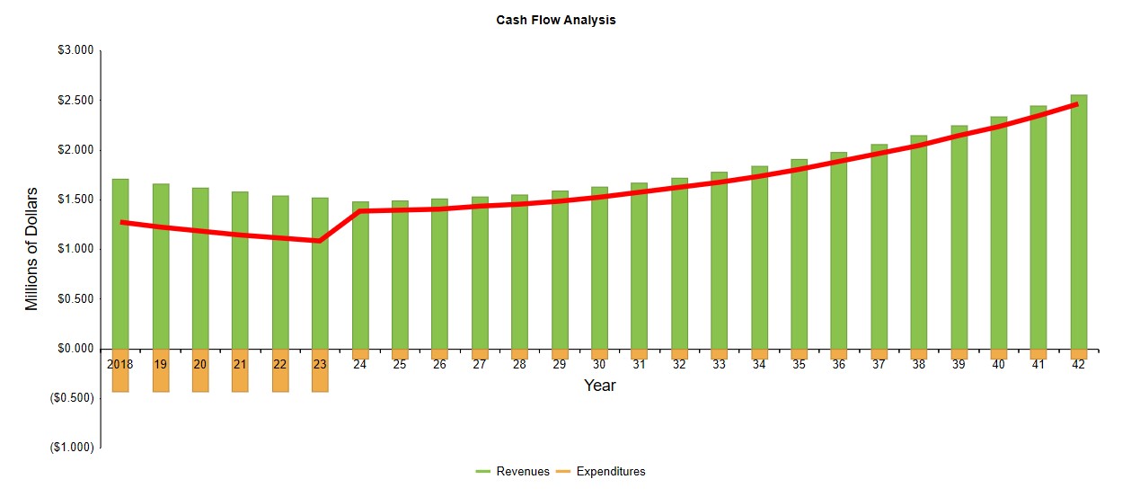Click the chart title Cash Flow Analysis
coord(556,20)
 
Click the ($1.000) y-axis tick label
coord(72,448)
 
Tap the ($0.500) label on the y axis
coord(72,398)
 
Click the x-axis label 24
coord(359,365)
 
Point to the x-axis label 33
coord(719,365)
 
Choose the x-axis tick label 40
coord(998,365)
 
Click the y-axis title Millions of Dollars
coord(32,249)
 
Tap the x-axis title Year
coord(599,386)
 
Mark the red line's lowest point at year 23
coord(320,241)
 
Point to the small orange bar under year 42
coord(1078,354)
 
